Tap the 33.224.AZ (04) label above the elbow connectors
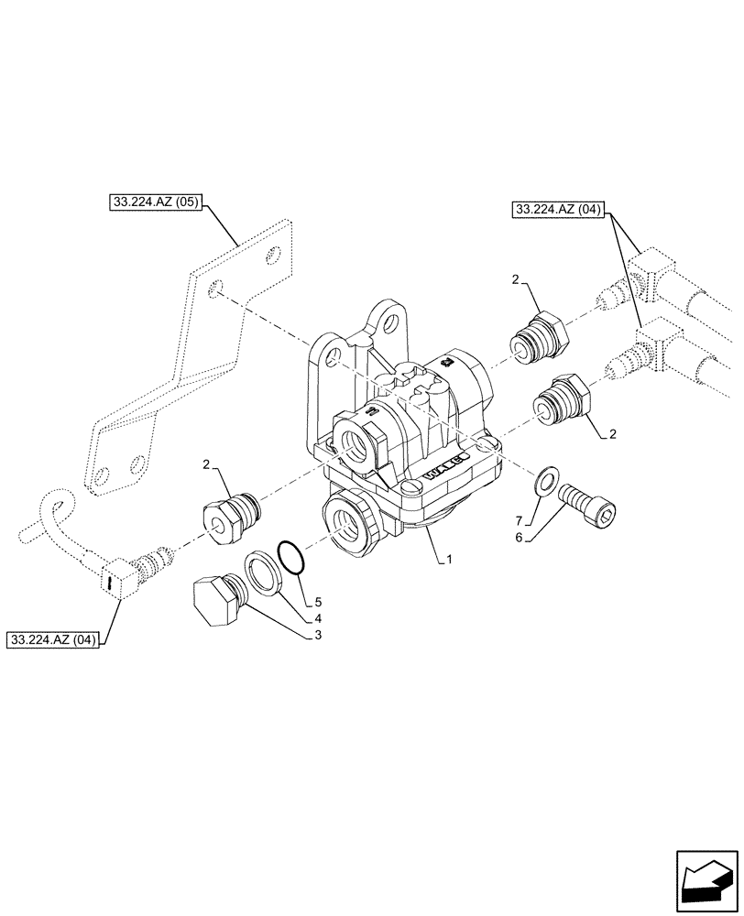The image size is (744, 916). tap(557, 210)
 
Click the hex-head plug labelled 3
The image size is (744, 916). tap(219, 601)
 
